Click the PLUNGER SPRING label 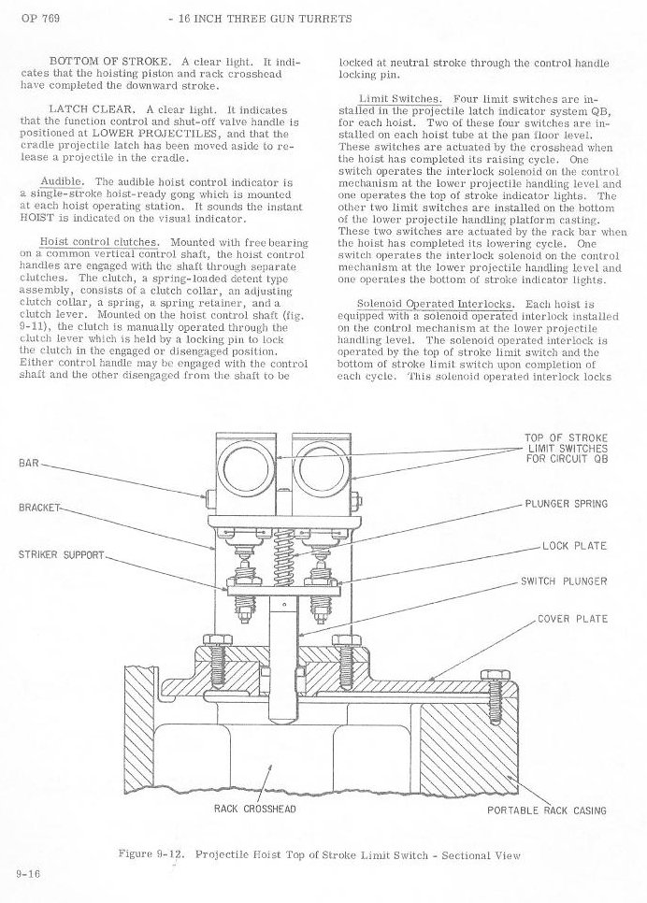click(x=566, y=504)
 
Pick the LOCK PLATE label click(x=573, y=545)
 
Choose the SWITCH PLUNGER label click(x=564, y=580)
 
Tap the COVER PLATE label click(x=572, y=619)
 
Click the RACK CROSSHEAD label click(x=255, y=809)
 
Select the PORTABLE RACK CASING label click(x=547, y=810)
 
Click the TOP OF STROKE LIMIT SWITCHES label click(x=567, y=449)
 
